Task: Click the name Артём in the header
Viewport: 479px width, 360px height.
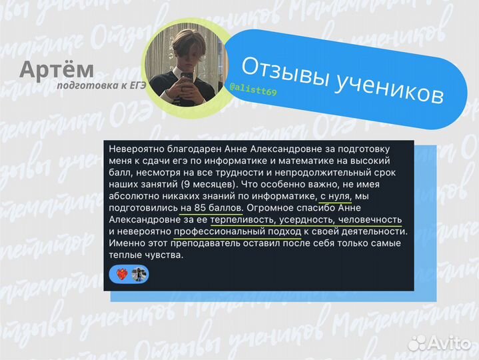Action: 57,69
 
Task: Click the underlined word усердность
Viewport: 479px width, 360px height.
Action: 310,220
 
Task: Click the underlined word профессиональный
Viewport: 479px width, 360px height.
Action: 217,232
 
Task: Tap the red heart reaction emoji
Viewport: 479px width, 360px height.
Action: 121,274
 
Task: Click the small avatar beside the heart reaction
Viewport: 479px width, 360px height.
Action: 138,274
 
